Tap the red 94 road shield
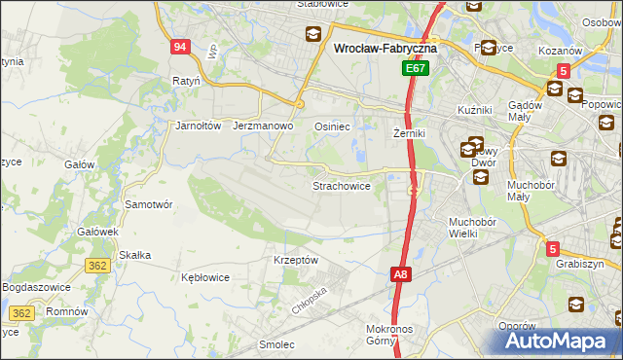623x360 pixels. click(179, 46)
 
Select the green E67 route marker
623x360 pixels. click(416, 69)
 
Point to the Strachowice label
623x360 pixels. click(341, 186)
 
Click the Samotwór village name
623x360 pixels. click(149, 205)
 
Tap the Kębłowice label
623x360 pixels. click(205, 277)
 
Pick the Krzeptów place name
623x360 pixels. click(296, 260)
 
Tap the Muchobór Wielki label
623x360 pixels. click(472, 228)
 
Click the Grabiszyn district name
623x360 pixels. click(580, 264)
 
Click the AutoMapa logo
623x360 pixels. click(563, 341)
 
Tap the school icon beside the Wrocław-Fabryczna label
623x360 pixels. click(313, 36)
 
